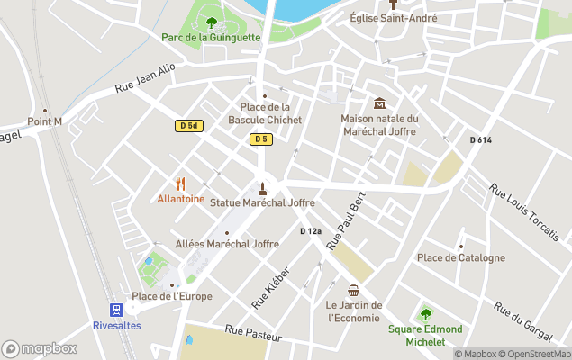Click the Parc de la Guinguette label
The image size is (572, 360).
[211, 38]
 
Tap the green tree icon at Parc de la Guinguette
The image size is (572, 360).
[212, 22]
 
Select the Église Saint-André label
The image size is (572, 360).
[394, 18]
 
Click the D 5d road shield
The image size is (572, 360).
[187, 126]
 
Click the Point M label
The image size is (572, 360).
[44, 121]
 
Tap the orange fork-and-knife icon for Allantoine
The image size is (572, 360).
[180, 183]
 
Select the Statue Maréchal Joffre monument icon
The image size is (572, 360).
[262, 188]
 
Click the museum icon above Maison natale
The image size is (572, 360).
[379, 103]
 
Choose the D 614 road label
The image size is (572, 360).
[481, 139]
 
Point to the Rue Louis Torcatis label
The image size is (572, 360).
[523, 211]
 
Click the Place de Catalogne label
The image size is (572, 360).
[460, 257]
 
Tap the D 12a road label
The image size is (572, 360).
[311, 231]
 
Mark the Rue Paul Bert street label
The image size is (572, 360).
[345, 222]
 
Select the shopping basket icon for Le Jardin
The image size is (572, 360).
[354, 291]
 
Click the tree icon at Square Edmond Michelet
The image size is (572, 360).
[425, 314]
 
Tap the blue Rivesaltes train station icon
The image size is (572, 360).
[116, 310]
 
